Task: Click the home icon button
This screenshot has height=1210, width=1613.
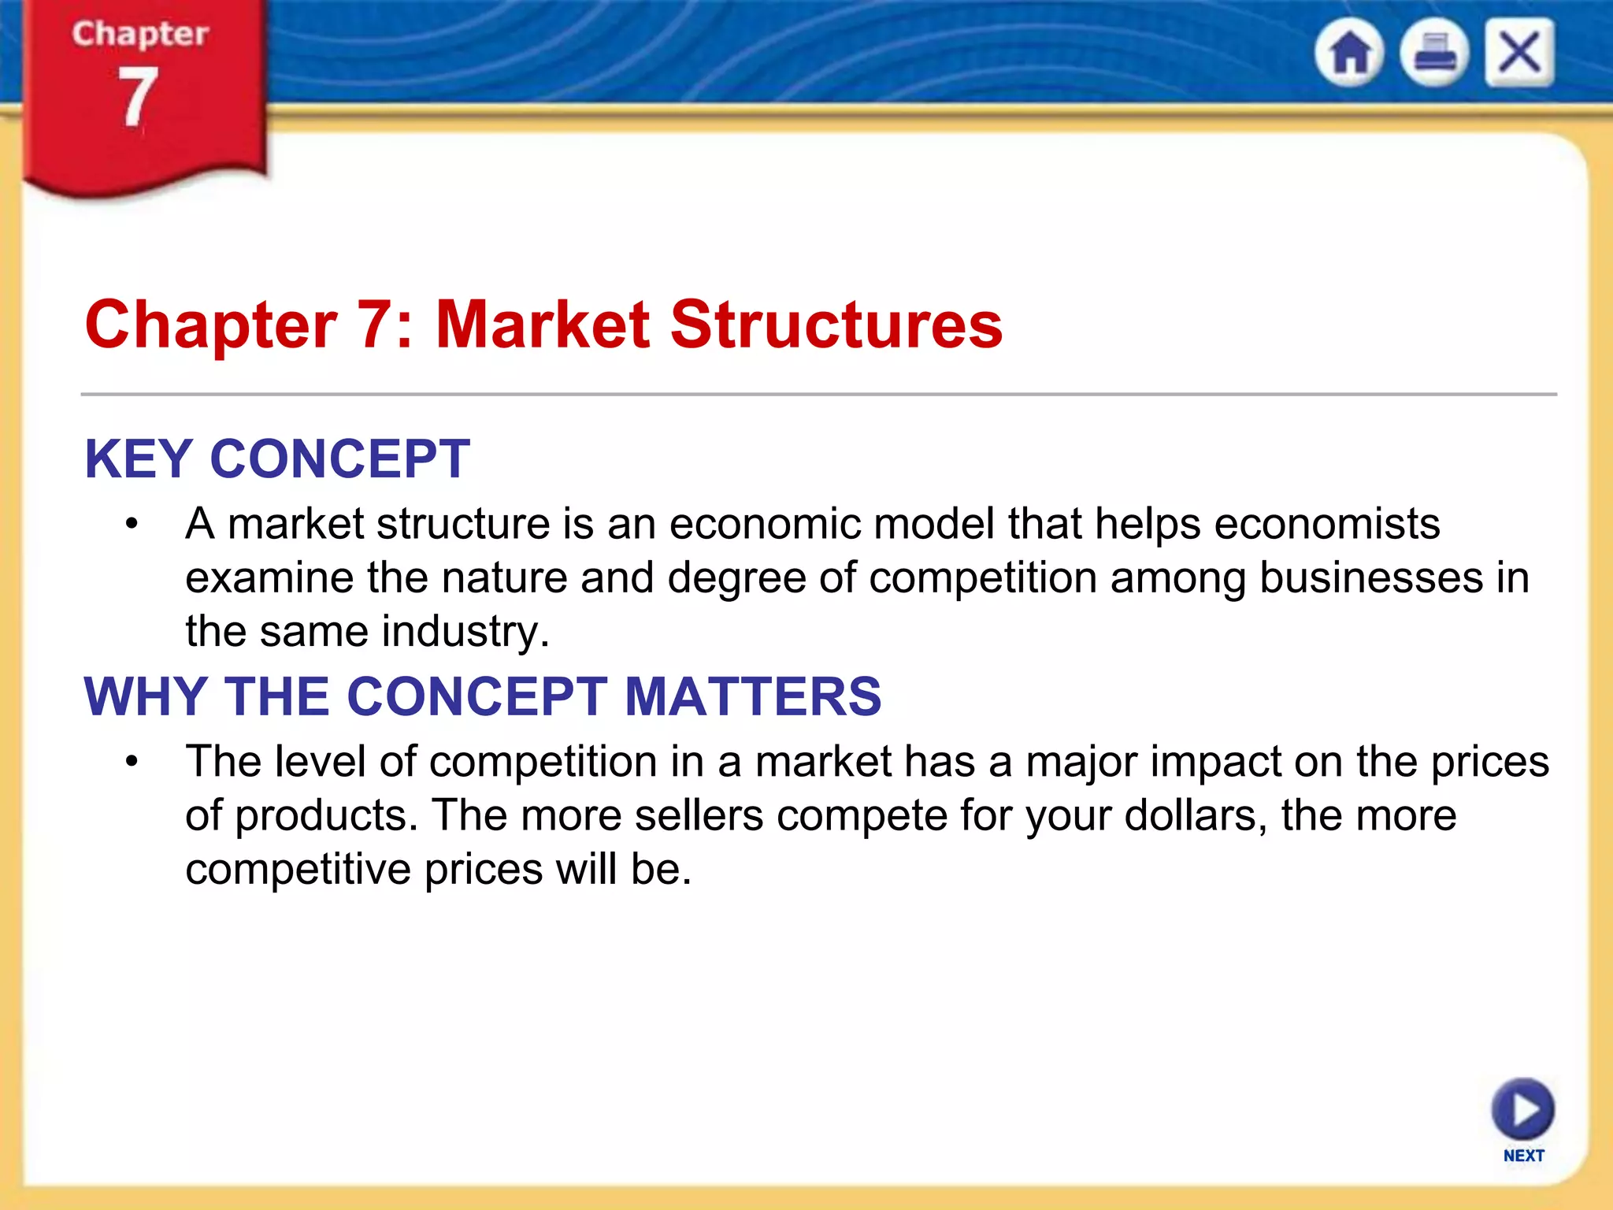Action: click(x=1349, y=54)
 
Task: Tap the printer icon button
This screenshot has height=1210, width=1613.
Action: click(x=1434, y=54)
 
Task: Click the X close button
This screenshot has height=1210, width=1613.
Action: click(x=1519, y=54)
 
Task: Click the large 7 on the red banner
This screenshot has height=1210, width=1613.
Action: click(x=138, y=98)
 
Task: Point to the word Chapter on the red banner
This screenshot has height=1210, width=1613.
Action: click(x=140, y=34)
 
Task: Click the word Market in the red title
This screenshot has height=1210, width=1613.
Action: click(x=543, y=325)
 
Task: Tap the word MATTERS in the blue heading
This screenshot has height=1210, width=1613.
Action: click(x=752, y=696)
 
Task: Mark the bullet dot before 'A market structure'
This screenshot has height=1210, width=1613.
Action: click(x=132, y=524)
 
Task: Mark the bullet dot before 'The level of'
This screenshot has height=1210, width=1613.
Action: click(x=132, y=762)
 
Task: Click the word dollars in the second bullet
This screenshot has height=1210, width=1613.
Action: click(x=1196, y=815)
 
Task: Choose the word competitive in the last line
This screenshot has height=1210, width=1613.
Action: click(x=298, y=870)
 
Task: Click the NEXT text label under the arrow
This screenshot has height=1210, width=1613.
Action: click(x=1523, y=1156)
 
